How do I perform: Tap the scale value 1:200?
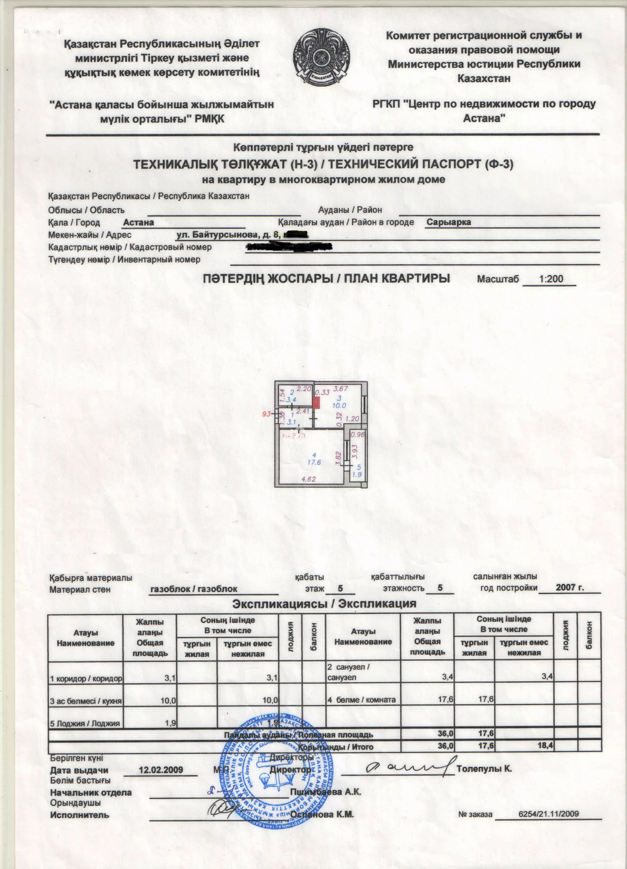pos(551,279)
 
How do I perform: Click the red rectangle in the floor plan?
pos(317,402)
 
